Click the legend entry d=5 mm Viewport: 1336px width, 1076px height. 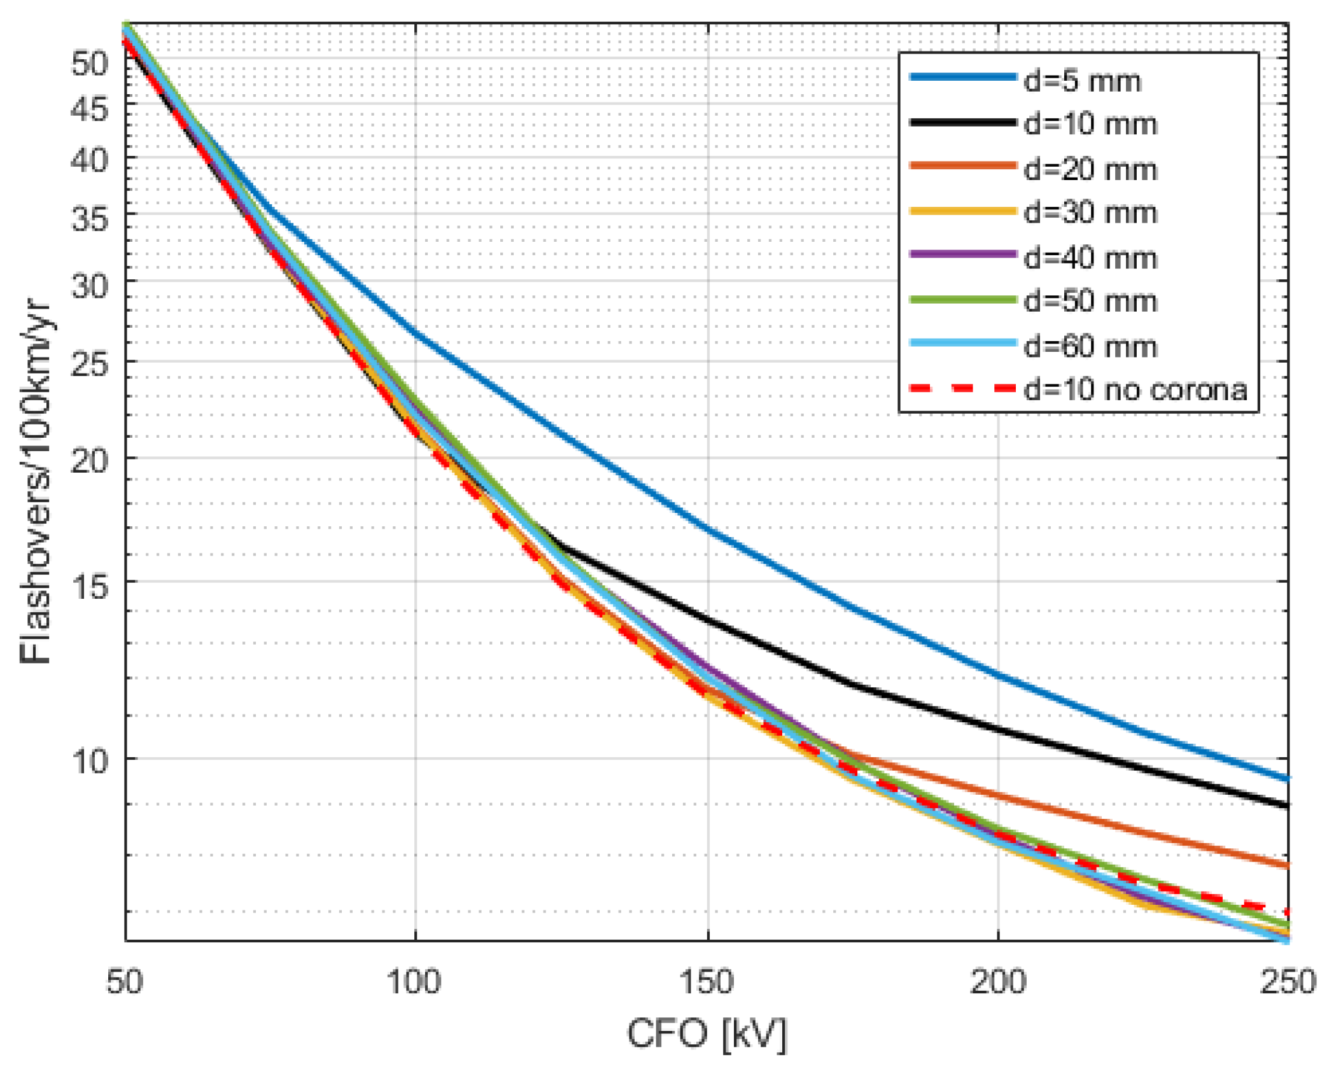pos(1081,81)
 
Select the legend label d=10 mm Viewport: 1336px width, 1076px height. pos(1090,124)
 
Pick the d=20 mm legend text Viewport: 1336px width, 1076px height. pos(1090,170)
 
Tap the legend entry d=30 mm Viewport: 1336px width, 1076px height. pos(1090,213)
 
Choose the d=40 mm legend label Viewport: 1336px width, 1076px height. pos(1090,258)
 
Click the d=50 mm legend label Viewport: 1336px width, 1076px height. pos(1090,301)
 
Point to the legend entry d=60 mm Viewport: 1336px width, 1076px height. pos(1090,347)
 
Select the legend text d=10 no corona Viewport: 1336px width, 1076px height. pos(1135,389)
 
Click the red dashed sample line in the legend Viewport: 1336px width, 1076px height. pos(962,388)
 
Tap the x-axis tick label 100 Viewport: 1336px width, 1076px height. pos(414,981)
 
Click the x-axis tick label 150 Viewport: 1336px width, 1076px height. pos(707,981)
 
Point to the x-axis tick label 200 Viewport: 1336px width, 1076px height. pos(997,981)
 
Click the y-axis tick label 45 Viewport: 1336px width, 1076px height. pos(90,109)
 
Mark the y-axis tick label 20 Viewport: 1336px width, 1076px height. pos(90,459)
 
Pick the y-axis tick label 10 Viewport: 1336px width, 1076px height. pos(90,760)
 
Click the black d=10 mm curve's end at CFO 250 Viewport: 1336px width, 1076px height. pos(1287,806)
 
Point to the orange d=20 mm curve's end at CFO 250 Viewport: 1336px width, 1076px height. pos(1287,865)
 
